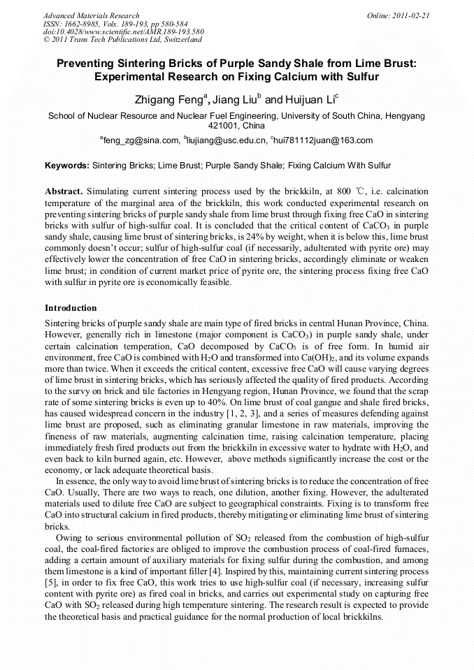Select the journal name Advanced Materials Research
[x=91, y=15]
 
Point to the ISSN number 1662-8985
[x=82, y=24]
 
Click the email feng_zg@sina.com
[x=141, y=140]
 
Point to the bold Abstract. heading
[x=64, y=191]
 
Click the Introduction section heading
[x=71, y=307]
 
